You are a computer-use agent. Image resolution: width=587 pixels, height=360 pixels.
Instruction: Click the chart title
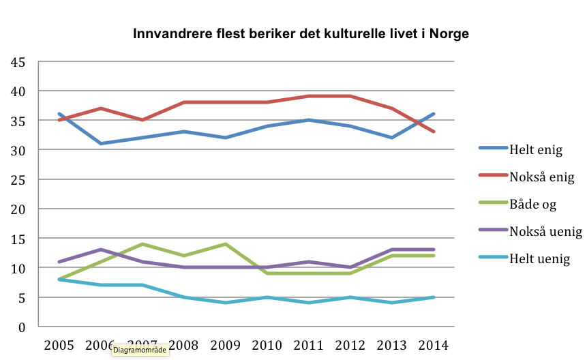click(x=301, y=33)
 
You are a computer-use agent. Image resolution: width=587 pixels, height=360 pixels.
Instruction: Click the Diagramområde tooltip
click(x=140, y=351)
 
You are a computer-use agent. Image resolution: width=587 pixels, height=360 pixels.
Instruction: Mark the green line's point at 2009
click(x=226, y=244)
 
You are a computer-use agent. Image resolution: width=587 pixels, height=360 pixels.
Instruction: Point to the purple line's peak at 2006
click(x=102, y=250)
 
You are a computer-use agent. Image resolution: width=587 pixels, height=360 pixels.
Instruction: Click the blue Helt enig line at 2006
click(x=102, y=143)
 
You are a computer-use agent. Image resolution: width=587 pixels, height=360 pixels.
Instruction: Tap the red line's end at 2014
click(x=433, y=132)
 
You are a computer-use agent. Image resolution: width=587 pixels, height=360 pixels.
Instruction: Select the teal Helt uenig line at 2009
click(x=226, y=303)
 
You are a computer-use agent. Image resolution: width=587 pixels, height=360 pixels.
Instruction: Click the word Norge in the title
click(x=450, y=33)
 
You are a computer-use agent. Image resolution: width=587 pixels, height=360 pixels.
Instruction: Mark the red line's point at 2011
click(x=309, y=96)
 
